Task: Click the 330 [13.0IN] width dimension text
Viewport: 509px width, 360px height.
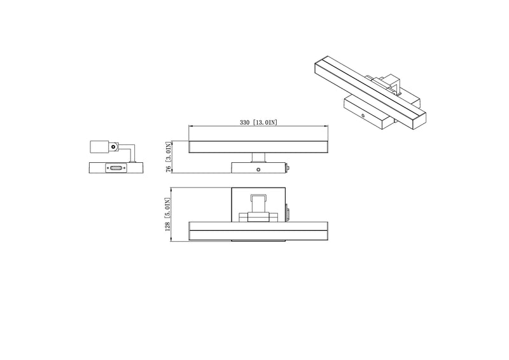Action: point(258,122)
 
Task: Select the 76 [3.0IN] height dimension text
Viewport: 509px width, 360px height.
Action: point(168,157)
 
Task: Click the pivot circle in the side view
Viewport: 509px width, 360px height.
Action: point(113,147)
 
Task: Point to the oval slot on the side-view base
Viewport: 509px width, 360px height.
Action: point(116,168)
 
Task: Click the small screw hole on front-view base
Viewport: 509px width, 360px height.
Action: point(258,169)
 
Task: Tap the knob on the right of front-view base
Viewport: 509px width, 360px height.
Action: point(288,168)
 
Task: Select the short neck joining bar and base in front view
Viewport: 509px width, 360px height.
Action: point(258,158)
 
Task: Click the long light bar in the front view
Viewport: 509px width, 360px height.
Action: point(258,147)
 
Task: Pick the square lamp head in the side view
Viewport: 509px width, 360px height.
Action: point(99,147)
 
